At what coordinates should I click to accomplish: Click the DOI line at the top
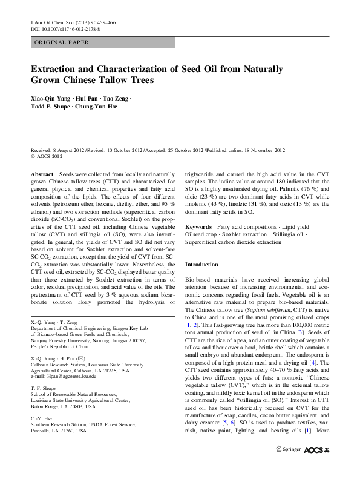point(65,28)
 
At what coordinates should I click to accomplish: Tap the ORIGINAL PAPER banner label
point(61,42)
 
